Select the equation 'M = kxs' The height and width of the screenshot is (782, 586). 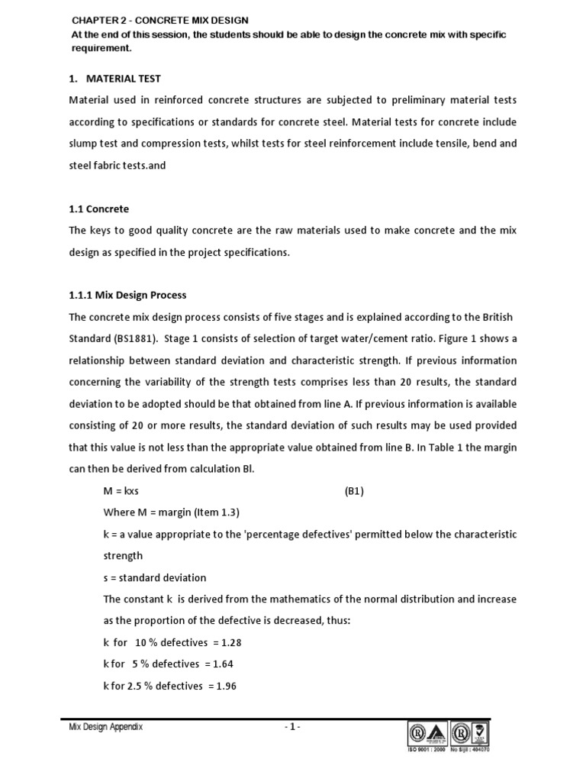(x=121, y=491)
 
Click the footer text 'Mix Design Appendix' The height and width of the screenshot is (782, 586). (x=105, y=727)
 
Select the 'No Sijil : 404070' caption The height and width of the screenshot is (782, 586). (x=472, y=749)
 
